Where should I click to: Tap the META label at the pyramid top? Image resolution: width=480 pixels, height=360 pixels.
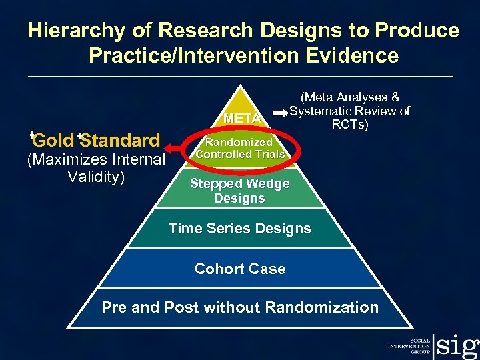coord(242,119)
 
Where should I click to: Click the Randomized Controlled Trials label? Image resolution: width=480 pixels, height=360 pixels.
coord(239,148)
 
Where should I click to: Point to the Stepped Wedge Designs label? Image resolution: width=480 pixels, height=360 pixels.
coord(239,191)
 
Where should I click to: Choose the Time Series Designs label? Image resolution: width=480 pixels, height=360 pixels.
coord(239,229)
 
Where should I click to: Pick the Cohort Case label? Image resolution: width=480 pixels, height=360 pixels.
coord(239,269)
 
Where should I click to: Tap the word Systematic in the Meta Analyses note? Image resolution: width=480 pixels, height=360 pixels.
coord(321,111)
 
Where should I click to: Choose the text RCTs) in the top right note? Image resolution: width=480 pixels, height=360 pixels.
coord(350,123)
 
